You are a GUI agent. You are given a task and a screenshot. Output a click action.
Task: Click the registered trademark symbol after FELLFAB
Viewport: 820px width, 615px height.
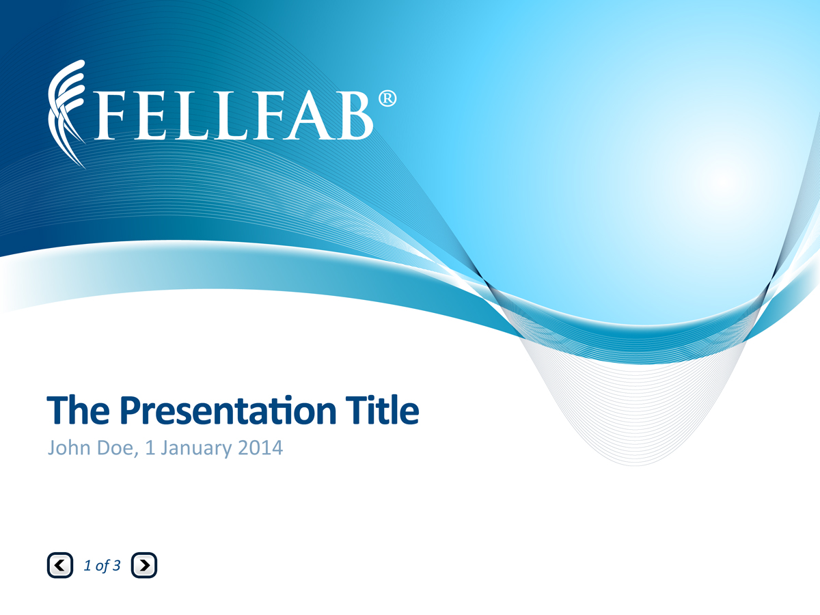387,98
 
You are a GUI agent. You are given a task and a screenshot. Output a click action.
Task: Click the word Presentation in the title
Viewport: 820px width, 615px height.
228,411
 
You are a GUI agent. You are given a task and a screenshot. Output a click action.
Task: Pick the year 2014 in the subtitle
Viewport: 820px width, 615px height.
260,448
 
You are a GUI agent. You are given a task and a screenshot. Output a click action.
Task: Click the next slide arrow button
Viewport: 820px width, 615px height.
143,565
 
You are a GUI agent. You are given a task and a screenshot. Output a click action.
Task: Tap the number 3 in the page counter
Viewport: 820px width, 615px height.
117,565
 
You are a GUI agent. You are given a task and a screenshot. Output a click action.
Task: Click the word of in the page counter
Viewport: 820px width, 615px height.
102,565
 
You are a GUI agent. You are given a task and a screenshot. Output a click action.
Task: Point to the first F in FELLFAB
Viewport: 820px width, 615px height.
109,116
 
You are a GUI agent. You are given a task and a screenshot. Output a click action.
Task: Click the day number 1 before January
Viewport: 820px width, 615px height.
150,448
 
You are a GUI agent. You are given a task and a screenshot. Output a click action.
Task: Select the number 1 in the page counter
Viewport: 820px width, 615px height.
87,565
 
